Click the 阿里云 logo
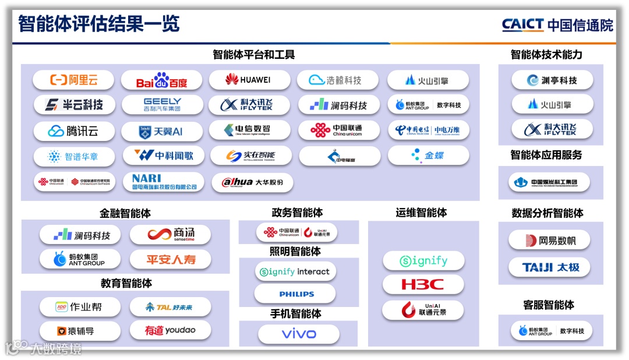tap(73, 80)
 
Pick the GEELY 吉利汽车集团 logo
tap(161, 105)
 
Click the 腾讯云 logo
tap(73, 131)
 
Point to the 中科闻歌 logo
tap(162, 156)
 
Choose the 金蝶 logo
tap(429, 156)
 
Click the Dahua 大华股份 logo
tap(252, 182)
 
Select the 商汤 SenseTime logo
tap(170, 235)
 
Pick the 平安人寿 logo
tap(170, 259)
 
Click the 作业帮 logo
tap(79, 306)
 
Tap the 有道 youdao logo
tap(170, 331)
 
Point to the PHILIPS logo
tap(296, 294)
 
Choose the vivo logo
tap(298, 334)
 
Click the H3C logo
tap(422, 285)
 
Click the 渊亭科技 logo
tap(552, 80)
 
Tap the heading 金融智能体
tap(126, 213)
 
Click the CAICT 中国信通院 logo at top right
tap(557, 25)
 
